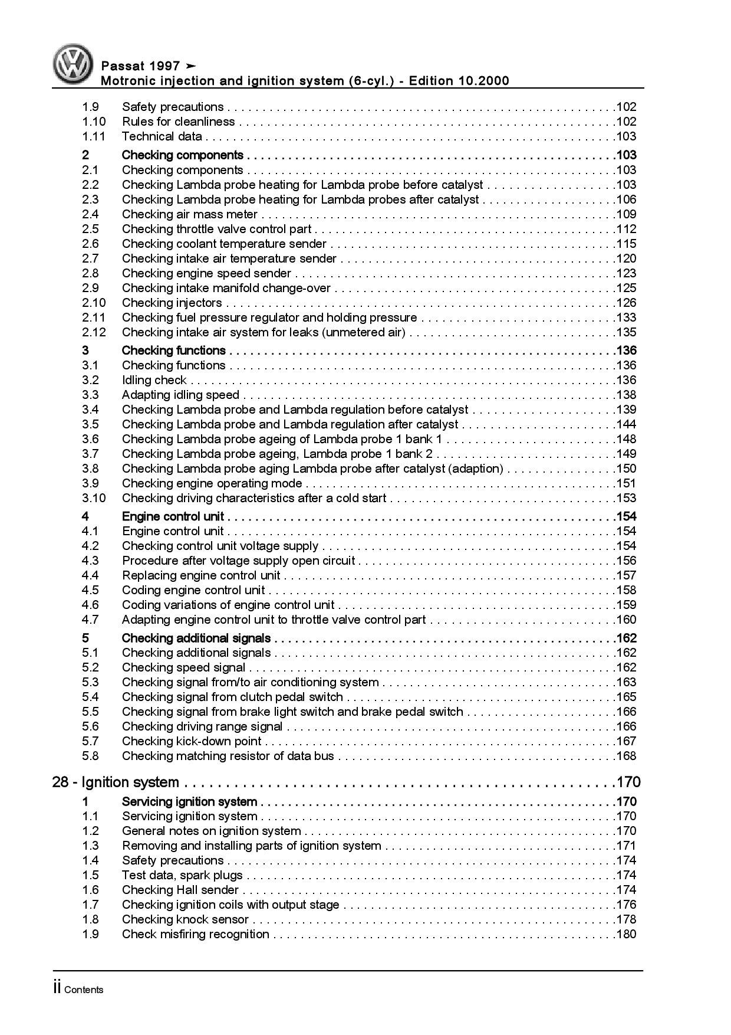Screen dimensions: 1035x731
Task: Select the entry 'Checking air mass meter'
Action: click(x=190, y=214)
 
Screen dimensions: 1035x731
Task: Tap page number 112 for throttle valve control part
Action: click(x=626, y=229)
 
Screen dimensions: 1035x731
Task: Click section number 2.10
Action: click(x=94, y=303)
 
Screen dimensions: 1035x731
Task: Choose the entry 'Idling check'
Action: click(x=154, y=380)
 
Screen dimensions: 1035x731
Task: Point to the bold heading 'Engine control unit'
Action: click(x=173, y=516)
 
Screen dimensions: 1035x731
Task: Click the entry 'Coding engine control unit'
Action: click(x=193, y=590)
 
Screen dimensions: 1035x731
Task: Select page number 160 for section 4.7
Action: click(x=626, y=620)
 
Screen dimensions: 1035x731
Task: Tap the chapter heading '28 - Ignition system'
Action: click(x=116, y=782)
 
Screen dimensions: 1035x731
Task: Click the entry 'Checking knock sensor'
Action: click(x=185, y=919)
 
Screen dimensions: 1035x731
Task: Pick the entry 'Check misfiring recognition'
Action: click(x=195, y=934)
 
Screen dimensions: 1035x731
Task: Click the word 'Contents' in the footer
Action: click(x=84, y=990)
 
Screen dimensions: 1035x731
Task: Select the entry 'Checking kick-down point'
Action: click(x=192, y=741)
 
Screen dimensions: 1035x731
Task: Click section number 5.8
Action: click(x=90, y=756)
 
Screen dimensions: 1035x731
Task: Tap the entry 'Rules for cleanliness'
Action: click(x=178, y=122)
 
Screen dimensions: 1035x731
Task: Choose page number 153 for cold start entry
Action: click(x=626, y=498)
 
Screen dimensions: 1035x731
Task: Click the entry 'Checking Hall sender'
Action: click(x=180, y=890)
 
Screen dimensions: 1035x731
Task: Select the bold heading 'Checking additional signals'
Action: click(x=196, y=638)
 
